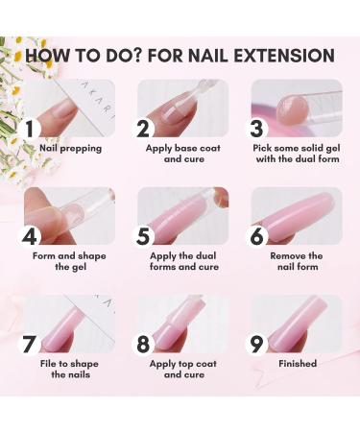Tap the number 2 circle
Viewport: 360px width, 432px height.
coord(143,128)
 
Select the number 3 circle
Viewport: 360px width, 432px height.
coord(256,128)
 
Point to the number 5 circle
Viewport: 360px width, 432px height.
coord(143,235)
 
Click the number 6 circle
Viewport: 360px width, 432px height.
coord(256,235)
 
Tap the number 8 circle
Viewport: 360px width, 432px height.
coord(143,343)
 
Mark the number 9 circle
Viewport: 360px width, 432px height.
coord(256,343)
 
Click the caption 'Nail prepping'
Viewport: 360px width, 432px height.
coord(71,149)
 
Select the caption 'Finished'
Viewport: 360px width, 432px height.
coord(297,364)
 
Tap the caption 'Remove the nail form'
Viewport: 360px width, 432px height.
coord(297,261)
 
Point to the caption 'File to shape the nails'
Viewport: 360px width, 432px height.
coord(71,369)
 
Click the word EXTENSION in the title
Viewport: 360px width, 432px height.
coord(282,56)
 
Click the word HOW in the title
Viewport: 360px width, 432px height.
coord(49,56)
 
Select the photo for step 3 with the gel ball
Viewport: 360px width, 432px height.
coord(297,108)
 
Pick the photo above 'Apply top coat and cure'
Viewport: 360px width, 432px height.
coord(183,323)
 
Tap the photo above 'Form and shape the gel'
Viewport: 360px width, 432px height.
coord(71,215)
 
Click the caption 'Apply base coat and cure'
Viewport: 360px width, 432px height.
coord(183,154)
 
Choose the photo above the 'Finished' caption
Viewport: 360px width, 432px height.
coord(297,323)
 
